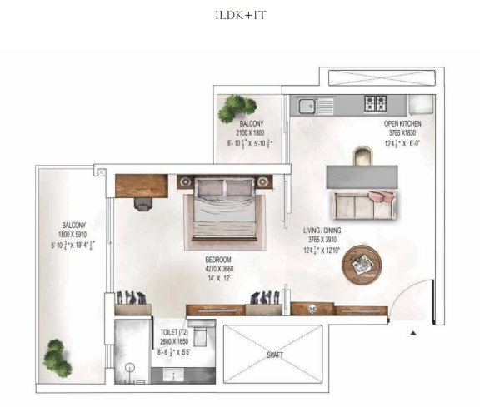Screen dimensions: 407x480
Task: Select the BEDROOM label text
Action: point(219,260)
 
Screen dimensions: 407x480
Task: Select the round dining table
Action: point(363,265)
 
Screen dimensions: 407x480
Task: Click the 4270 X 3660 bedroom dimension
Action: point(219,269)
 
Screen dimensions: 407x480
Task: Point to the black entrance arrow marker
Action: point(412,333)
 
